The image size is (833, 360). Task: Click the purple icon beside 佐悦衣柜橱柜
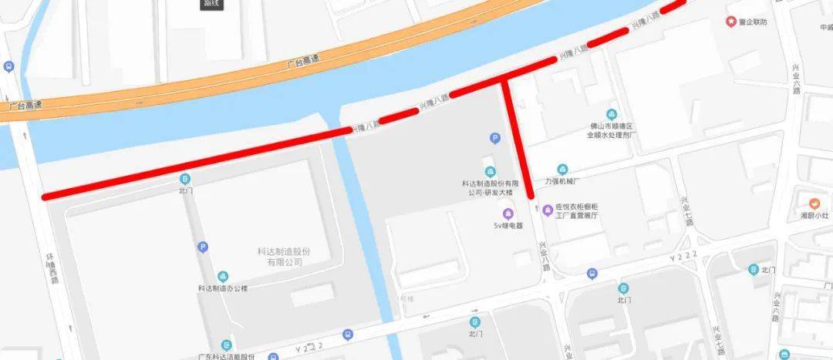pos(548,208)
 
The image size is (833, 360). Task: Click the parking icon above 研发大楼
pos(495,138)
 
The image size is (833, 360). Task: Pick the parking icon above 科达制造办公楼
pos(203,247)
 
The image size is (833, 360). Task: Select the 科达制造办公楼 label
pos(222,288)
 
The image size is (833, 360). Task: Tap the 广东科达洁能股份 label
pos(226,356)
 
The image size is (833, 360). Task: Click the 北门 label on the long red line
pos(185,190)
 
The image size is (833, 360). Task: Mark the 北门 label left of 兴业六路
pos(767,270)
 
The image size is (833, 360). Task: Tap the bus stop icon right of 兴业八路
pos(592,274)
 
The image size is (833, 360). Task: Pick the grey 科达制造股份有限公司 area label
pos(284,257)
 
